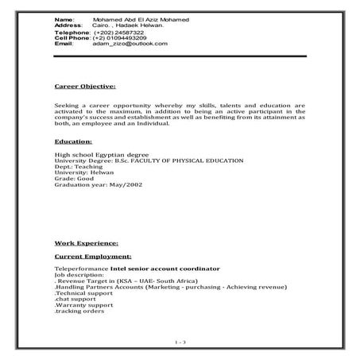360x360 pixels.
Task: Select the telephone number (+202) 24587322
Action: (118, 32)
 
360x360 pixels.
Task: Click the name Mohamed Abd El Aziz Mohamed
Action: (136, 17)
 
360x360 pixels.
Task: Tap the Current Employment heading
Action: (91, 257)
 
